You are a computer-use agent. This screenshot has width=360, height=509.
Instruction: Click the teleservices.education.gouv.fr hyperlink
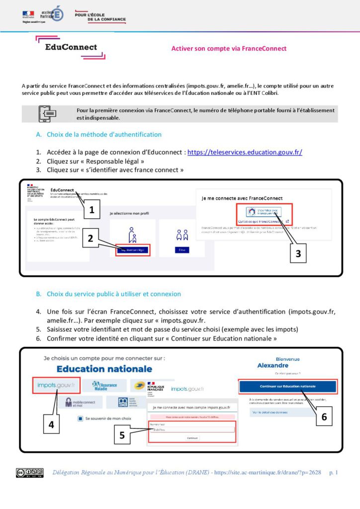click(245, 152)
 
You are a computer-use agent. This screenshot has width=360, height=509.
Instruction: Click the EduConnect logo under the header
click(71, 48)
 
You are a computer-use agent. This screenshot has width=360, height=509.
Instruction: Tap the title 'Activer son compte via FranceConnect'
click(229, 49)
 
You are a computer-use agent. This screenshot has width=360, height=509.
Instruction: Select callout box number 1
click(92, 210)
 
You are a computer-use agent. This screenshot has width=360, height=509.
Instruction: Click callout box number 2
click(90, 238)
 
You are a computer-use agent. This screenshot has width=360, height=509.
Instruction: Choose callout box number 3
click(298, 253)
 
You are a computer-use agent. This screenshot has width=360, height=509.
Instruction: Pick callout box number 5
click(122, 436)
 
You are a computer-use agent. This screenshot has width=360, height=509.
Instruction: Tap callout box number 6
click(324, 417)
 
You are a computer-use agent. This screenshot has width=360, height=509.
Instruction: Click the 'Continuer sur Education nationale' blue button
click(288, 386)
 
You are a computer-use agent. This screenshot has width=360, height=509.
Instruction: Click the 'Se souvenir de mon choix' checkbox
click(81, 419)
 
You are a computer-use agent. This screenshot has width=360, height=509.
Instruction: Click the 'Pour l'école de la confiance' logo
click(100, 17)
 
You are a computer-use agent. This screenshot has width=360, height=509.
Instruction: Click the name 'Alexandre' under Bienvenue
click(287, 365)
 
